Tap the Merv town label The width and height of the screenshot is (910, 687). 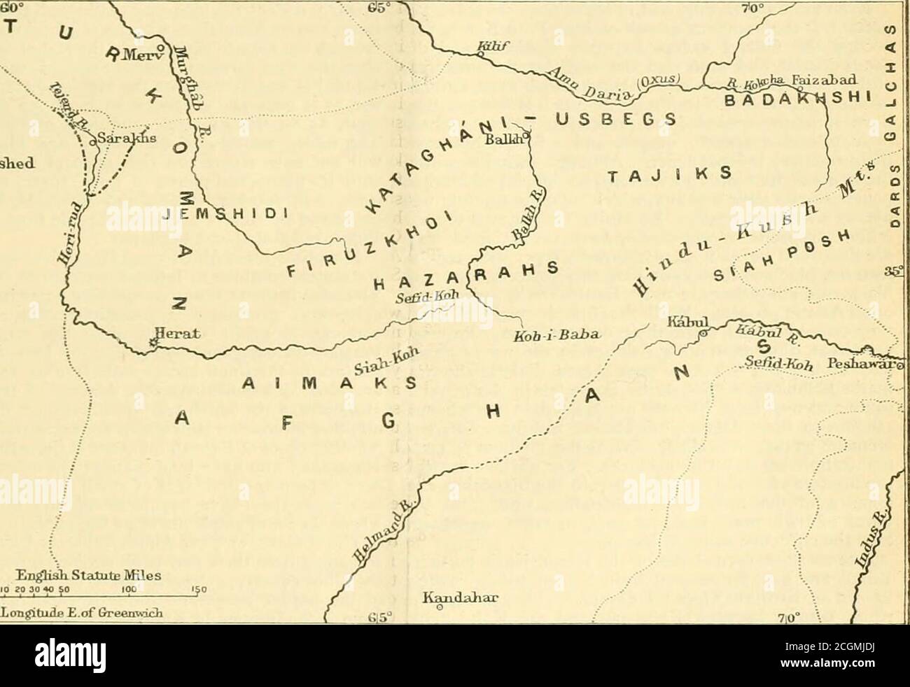tap(144, 56)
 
